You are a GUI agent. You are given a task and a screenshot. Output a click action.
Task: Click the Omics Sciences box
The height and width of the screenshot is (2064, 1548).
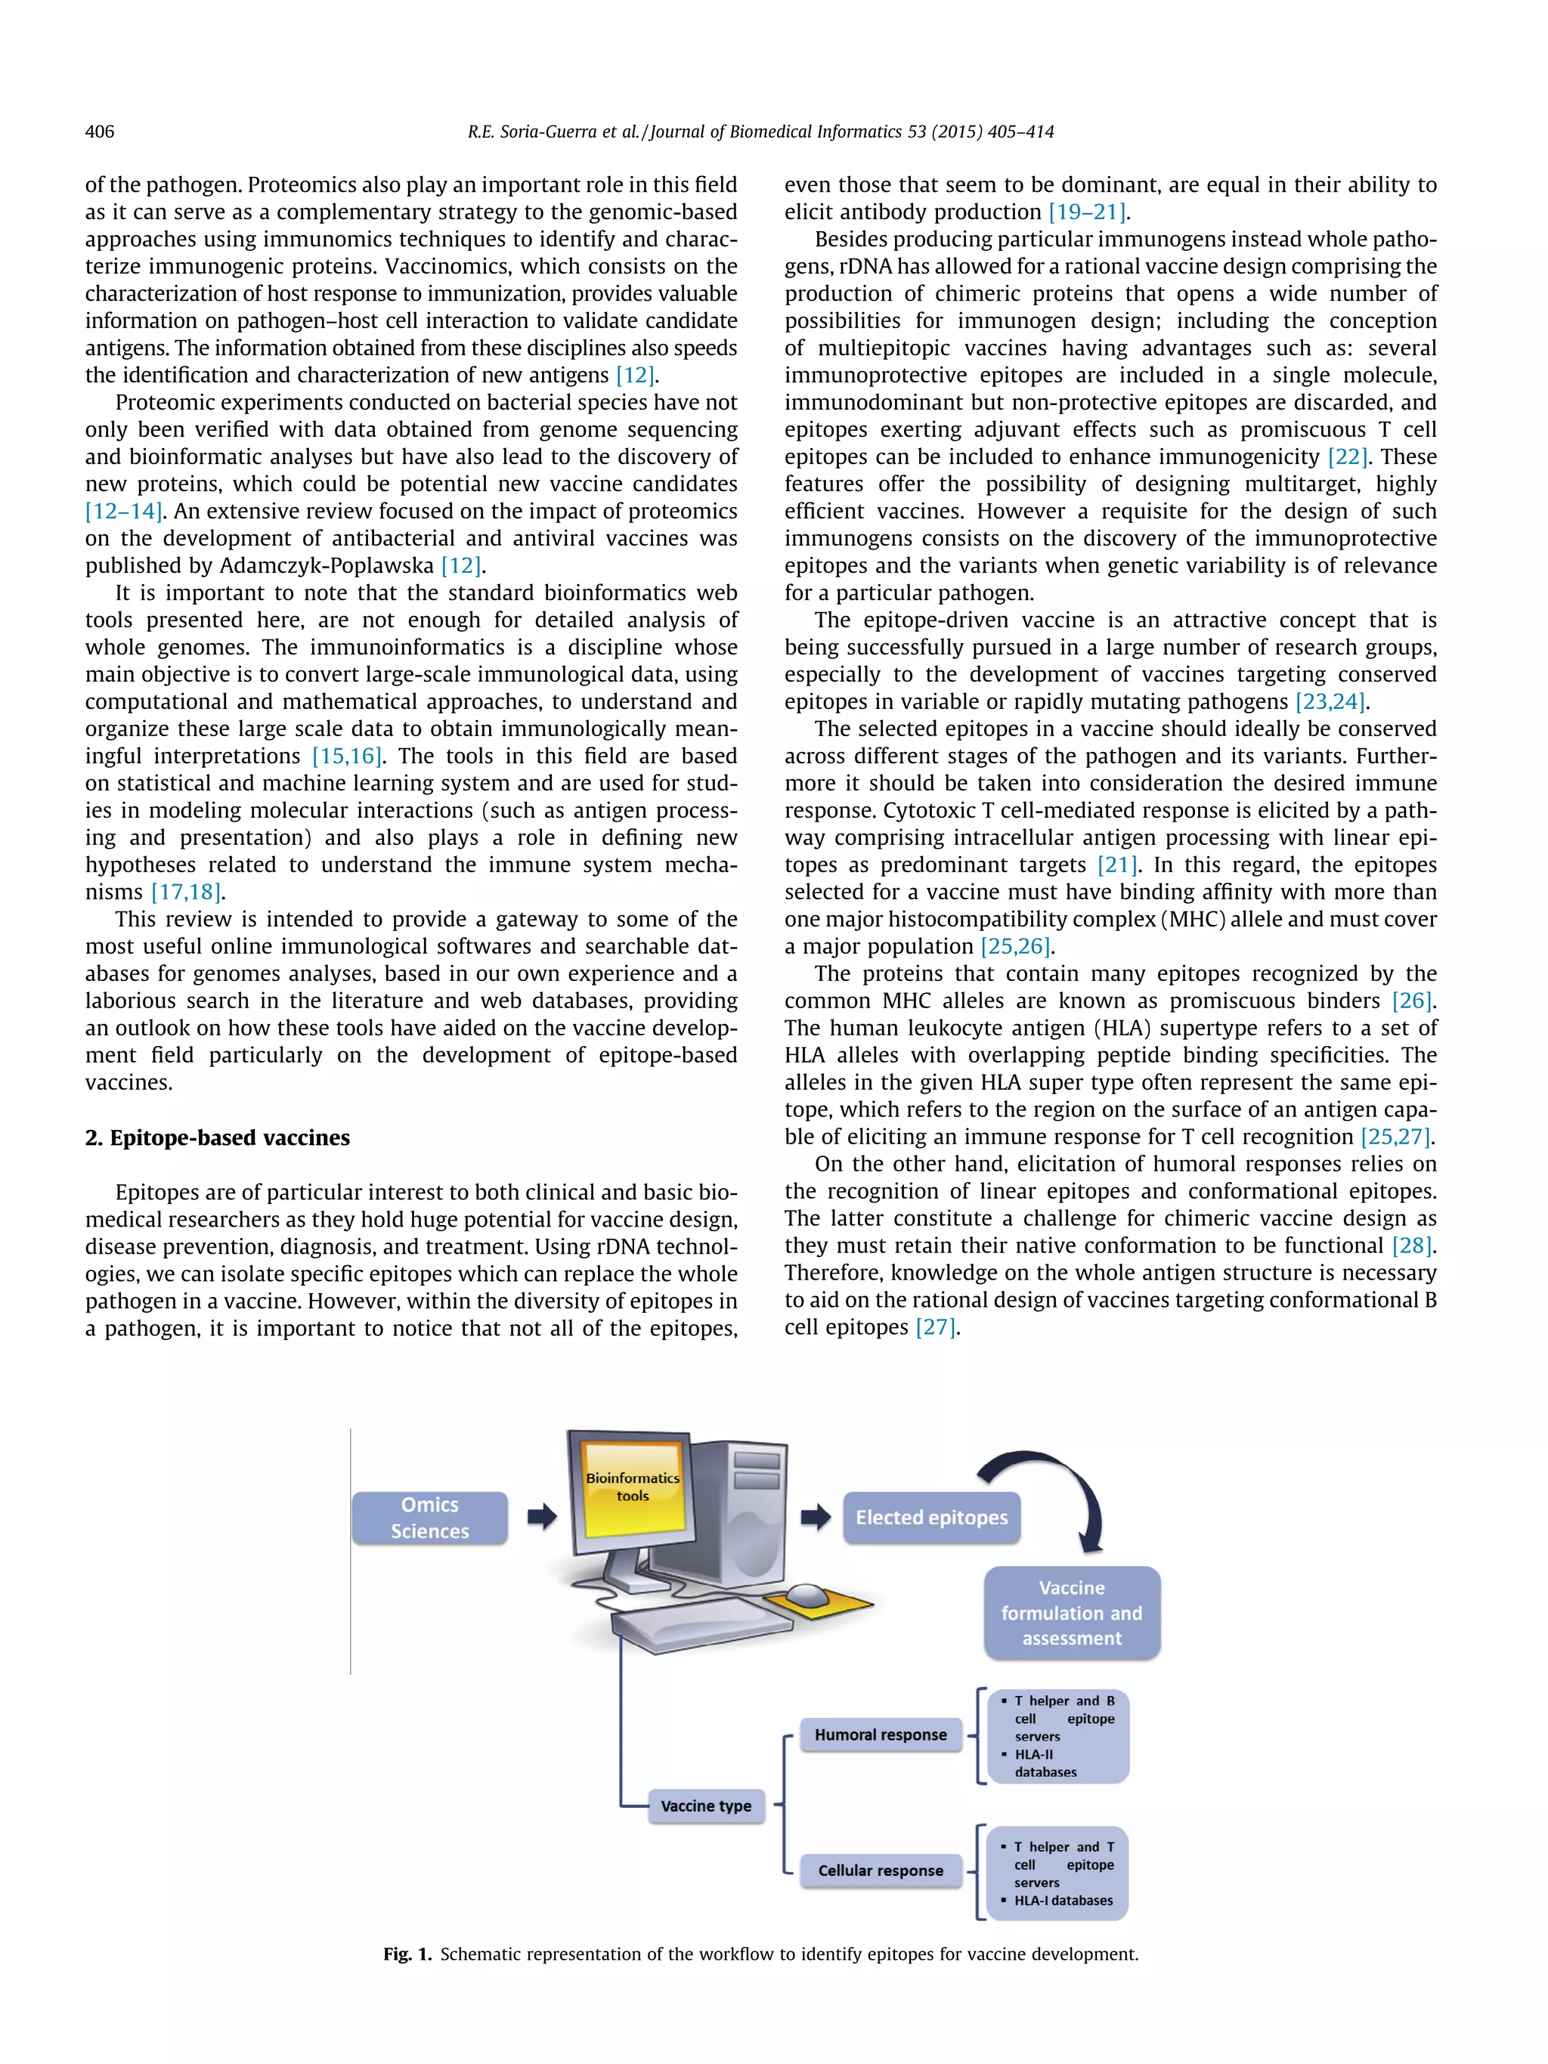click(429, 1518)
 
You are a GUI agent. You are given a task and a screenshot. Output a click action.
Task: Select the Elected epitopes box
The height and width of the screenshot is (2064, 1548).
click(931, 1518)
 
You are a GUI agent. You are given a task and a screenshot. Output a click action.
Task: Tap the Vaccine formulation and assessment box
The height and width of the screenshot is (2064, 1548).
click(1071, 1612)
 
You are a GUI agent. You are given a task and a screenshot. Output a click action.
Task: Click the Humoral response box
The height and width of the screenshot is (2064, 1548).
click(880, 1734)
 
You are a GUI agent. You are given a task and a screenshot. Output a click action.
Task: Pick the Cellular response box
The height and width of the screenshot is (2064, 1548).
click(880, 1870)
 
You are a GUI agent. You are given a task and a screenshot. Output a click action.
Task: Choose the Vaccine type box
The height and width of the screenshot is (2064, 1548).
click(705, 1806)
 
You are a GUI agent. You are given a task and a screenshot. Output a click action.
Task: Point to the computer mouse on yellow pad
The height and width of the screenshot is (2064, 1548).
click(808, 1596)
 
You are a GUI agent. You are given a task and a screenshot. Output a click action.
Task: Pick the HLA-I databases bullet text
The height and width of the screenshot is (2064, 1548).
click(1063, 1901)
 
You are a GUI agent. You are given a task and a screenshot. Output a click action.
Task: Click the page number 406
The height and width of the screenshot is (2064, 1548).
click(99, 132)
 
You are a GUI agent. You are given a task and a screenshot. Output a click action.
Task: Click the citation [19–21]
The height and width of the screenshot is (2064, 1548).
click(1087, 212)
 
